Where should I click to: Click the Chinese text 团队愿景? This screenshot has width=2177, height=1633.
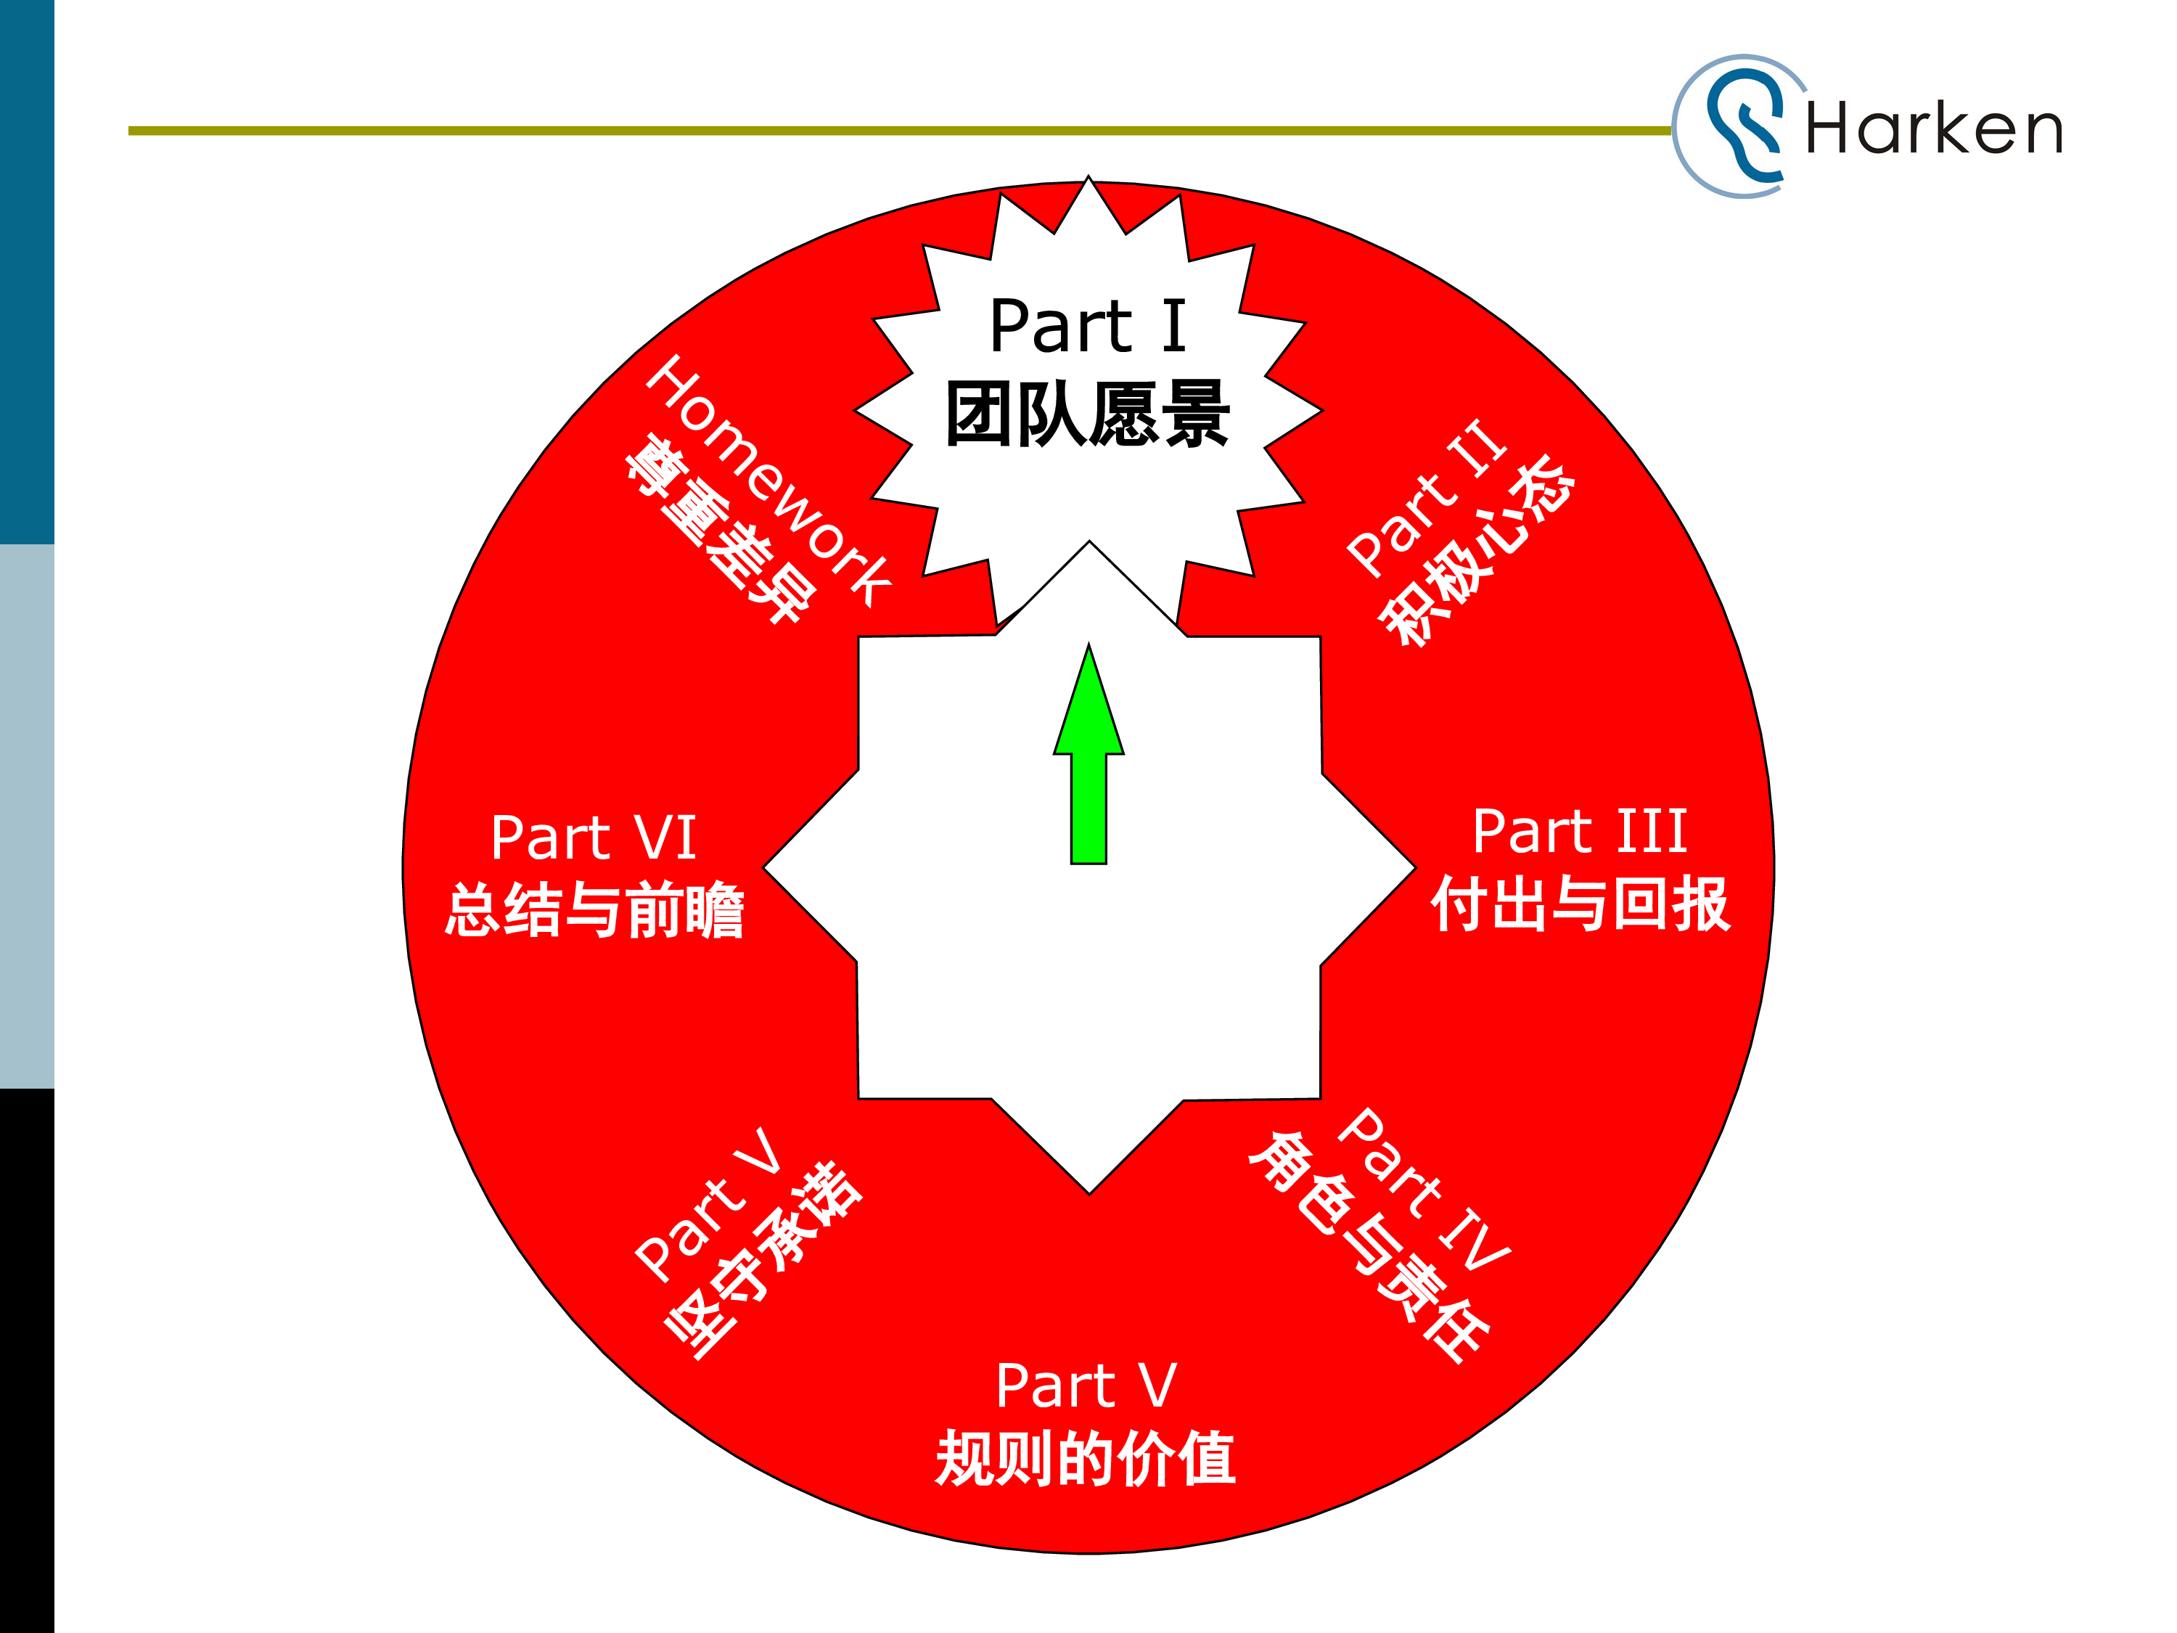pyautogui.click(x=1088, y=414)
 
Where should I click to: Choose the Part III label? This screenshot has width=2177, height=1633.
pyautogui.click(x=1580, y=832)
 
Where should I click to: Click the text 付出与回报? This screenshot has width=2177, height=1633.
pyautogui.click(x=1580, y=904)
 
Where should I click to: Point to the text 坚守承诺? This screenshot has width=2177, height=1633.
pyautogui.click(x=763, y=1260)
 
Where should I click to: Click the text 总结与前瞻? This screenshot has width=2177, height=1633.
pyautogui.click(x=594, y=911)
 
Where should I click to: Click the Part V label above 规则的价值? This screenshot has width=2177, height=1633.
pyautogui.click(x=1086, y=1386)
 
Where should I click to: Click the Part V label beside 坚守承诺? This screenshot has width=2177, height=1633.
pyautogui.click(x=708, y=1206)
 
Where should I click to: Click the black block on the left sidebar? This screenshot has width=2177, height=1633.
pyautogui.click(x=27, y=1359)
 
